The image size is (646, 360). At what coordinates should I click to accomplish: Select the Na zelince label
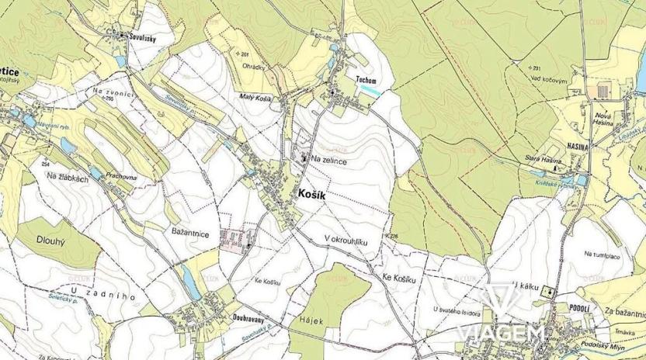click(328, 159)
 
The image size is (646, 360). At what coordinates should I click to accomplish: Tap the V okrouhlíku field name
click(346, 242)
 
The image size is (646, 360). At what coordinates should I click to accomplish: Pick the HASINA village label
click(577, 146)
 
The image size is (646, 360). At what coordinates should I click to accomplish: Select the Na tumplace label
click(606, 254)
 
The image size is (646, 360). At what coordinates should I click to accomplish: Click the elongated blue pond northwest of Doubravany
click(188, 282)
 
